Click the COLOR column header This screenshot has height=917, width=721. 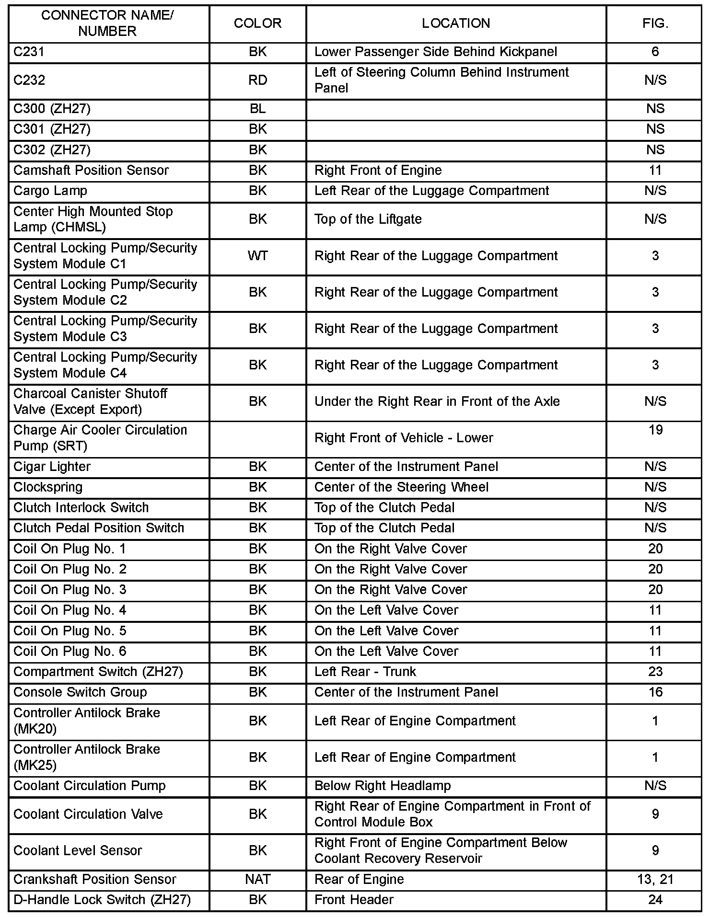pos(257,23)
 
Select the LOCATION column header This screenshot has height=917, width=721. pos(455,23)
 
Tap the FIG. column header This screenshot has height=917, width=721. pos(655,23)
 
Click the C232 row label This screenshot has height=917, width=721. pos(29,80)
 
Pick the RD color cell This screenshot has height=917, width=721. pos(257,80)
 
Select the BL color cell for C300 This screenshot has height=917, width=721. pos(257,109)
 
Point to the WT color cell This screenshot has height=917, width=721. pos(257,256)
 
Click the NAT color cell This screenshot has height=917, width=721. pos(257,879)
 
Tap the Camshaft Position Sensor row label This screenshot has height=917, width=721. pos(91,171)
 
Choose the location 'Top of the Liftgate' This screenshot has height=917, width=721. pos(368,219)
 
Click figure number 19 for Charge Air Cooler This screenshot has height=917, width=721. pos(655,430)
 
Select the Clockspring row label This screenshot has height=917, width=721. pos(48,487)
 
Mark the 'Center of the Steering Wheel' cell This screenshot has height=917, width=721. pos(401,487)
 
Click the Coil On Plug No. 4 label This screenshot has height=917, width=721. pos(70,610)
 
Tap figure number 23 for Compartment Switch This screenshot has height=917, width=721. pos(655,672)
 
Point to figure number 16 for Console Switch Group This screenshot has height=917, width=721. pos(655,692)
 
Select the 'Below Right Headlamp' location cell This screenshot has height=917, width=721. pos(383,786)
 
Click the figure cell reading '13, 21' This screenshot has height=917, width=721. pos(655,879)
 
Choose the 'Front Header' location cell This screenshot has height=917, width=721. pos(354,900)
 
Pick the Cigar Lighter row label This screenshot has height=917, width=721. pos(52,467)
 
